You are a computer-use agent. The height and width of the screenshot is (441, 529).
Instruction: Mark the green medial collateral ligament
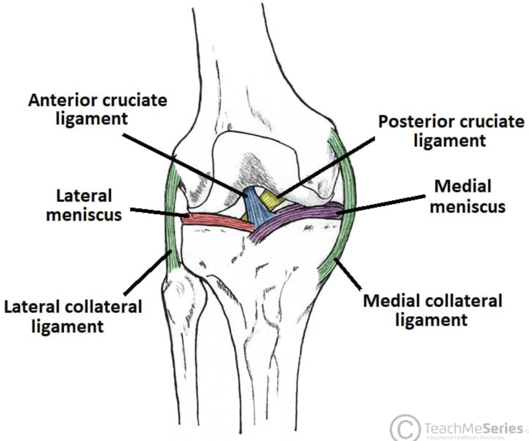[347, 206]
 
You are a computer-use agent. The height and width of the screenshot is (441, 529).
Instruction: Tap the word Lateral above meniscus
[84, 196]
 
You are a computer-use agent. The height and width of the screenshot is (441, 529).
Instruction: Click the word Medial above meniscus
[462, 186]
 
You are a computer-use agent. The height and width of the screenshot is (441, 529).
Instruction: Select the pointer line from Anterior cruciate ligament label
[184, 164]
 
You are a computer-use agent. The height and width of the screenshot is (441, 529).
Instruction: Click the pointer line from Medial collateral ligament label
[348, 273]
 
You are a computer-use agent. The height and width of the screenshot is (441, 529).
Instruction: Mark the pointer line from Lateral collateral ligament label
[147, 272]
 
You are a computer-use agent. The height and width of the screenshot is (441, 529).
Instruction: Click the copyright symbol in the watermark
[405, 428]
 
